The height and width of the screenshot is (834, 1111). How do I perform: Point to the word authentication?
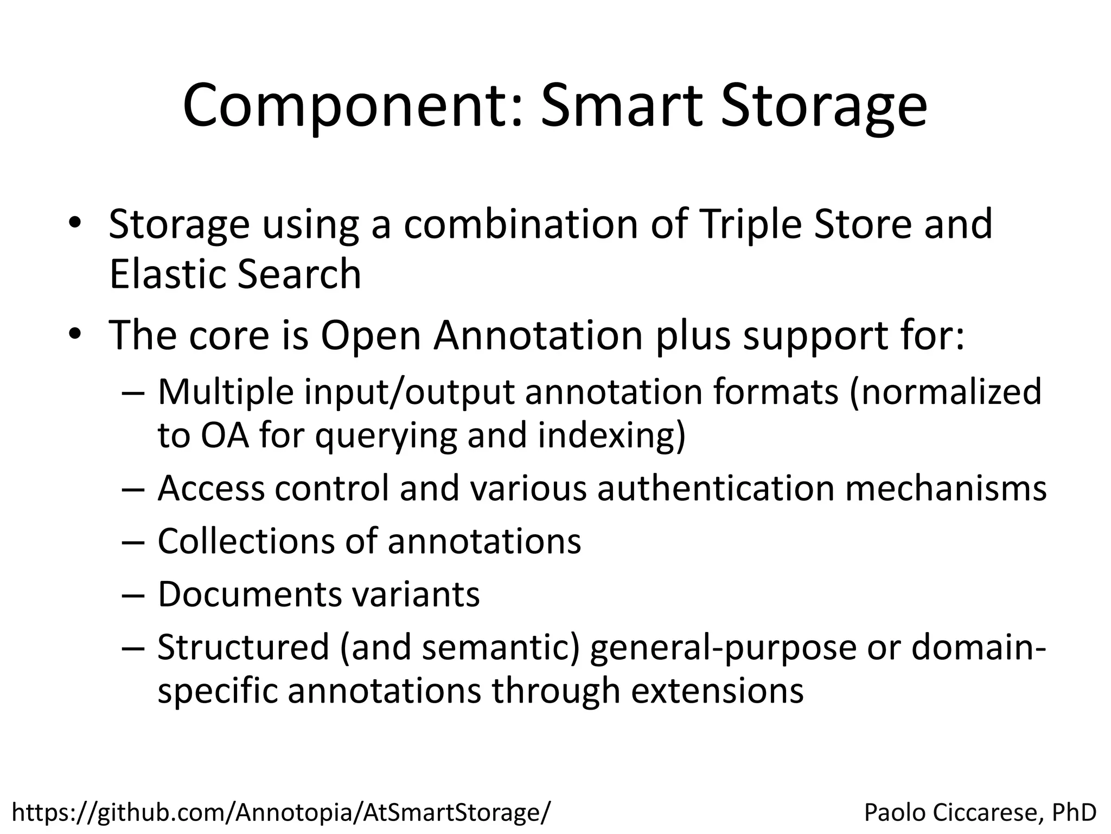(x=716, y=488)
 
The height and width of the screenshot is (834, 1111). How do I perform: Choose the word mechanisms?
(x=946, y=488)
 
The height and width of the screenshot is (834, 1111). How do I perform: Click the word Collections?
(x=245, y=541)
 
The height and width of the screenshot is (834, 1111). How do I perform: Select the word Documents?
(x=250, y=594)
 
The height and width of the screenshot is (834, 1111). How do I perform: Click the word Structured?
(x=243, y=647)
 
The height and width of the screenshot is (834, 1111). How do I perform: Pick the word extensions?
(x=717, y=691)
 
